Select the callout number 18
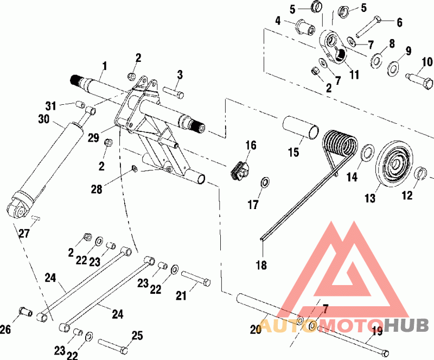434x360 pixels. (262, 265)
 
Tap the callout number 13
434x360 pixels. (369, 199)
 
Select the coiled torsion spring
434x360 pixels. (341, 144)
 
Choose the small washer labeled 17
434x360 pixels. (265, 182)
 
